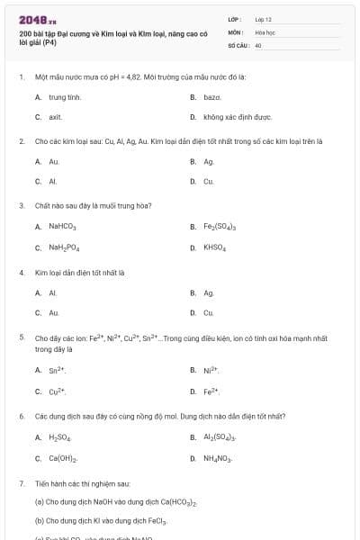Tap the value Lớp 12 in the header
pos(263,19)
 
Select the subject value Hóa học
pos(264,31)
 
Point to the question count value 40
pos(258,44)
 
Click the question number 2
pos(21,141)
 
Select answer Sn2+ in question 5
pos(58,370)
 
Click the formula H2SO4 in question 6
pos(60,437)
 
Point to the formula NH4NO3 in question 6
pos(218,459)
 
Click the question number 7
pos(21,483)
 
